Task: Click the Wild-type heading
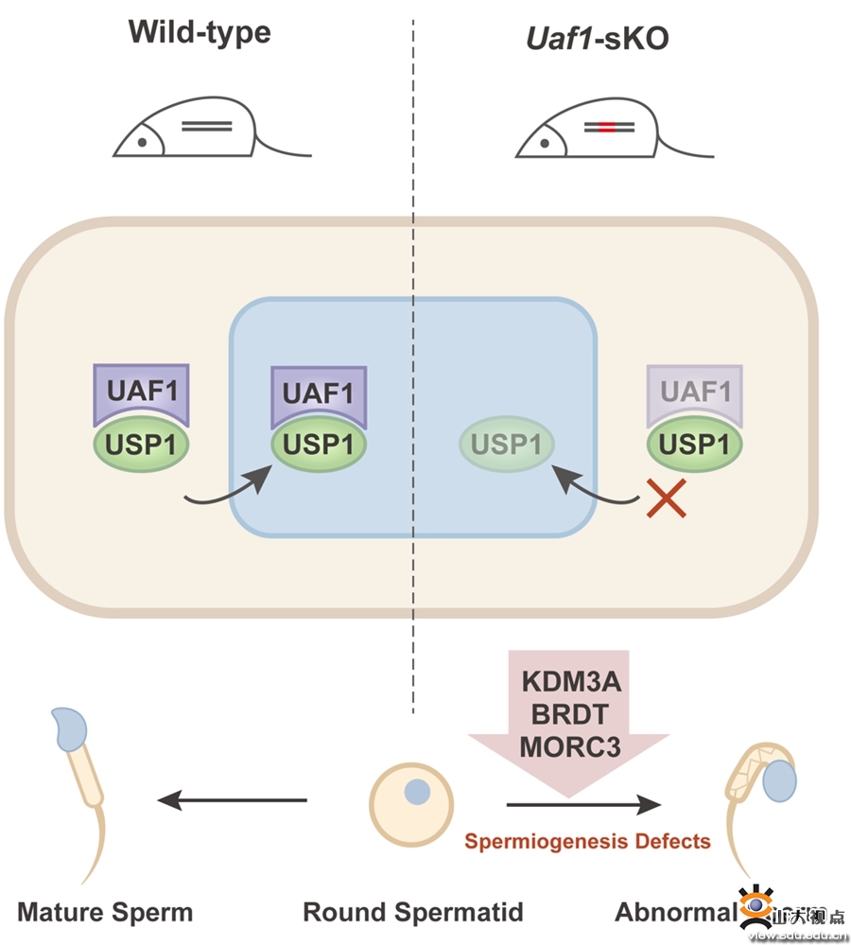[x=200, y=32]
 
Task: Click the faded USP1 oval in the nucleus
[x=507, y=444]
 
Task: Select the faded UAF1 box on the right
[x=695, y=391]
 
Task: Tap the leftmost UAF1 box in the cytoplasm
[x=141, y=391]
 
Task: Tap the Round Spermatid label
[x=413, y=913]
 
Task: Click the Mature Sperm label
[x=105, y=913]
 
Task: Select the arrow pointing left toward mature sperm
[x=232, y=801]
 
